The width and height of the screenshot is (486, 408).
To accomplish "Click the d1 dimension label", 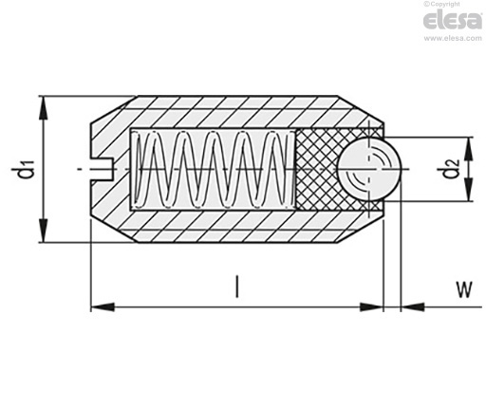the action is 27,169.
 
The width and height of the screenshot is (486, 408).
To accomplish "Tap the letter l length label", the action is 237,287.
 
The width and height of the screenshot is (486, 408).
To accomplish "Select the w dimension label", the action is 464,289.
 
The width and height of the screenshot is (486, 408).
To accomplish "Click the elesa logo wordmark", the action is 453,20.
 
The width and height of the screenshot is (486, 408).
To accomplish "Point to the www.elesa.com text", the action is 453,38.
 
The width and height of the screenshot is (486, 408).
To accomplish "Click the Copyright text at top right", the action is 442,4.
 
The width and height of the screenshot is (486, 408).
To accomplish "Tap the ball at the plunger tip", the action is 369,169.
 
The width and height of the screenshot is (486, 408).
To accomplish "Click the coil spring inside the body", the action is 214,169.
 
